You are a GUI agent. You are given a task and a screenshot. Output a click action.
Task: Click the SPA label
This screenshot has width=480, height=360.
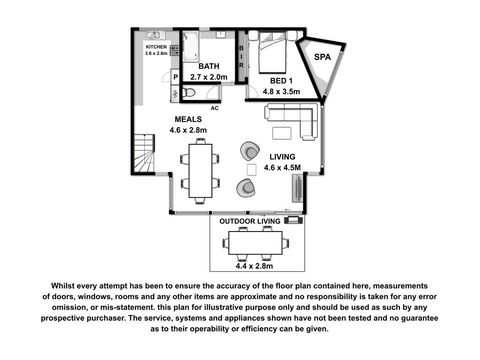pos(322,57)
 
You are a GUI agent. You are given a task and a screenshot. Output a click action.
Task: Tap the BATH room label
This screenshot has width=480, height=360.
pos(209,66)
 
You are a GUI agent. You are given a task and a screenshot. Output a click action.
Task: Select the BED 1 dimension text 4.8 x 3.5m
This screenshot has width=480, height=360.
pos(281,91)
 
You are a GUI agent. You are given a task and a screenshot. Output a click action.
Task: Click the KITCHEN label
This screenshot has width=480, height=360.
pos(156,47)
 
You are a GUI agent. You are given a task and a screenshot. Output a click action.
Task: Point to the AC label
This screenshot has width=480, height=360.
pos(215,108)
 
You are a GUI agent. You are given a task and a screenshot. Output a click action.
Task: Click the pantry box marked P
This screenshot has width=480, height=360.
pos(175,77)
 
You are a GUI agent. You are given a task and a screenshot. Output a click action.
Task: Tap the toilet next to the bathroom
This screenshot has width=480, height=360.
pos(188,92)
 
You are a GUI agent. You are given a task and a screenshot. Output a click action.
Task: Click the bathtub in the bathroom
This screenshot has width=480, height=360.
pos(191,47)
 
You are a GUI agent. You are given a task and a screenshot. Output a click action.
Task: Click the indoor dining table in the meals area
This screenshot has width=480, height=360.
pos(201,171)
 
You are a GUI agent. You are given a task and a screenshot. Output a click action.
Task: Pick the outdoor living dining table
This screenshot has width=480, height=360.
pos(256,243)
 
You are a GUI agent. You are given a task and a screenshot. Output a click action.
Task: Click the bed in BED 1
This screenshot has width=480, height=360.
pos(272,52)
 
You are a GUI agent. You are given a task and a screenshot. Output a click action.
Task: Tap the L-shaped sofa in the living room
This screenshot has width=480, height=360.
pos(292,121)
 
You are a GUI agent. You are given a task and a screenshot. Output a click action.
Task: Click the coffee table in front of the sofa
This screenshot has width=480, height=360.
pos(282,133)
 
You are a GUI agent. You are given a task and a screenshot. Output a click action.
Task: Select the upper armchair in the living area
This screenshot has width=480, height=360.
pos(250,151)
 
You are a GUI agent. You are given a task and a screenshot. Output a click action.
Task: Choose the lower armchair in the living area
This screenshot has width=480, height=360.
pos(246,188)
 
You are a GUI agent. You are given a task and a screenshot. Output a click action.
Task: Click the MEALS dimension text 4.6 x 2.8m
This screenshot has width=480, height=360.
pos(188,130)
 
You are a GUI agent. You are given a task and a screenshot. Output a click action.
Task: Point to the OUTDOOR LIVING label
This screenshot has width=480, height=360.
pos(250,221)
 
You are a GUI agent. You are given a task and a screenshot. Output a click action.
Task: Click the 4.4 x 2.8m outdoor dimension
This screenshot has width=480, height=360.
pos(254,266)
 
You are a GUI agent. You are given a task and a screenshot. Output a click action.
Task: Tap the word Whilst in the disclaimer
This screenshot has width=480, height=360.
pos(62,286)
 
